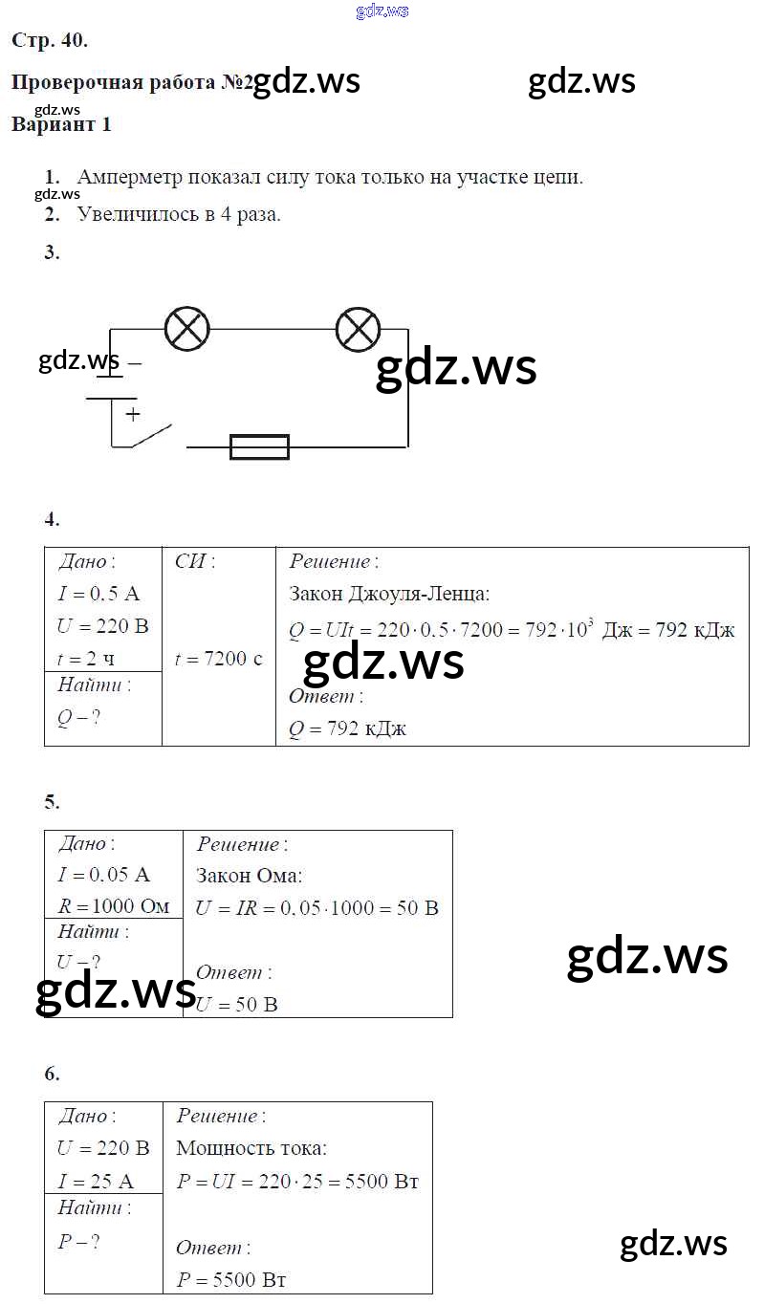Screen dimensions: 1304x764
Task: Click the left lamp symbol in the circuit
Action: tap(187, 330)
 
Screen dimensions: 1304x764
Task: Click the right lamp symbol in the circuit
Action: tap(359, 330)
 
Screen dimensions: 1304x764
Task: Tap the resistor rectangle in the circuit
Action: tap(259, 446)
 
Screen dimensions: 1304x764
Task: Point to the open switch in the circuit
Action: tap(151, 436)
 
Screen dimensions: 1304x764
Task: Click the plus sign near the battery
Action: tap(133, 414)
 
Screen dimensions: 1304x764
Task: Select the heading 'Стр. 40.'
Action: tap(50, 40)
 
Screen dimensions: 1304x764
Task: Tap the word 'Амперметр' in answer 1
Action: tap(130, 177)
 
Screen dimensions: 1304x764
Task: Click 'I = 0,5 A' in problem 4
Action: tap(98, 594)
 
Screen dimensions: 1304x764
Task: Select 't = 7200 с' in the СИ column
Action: tap(218, 659)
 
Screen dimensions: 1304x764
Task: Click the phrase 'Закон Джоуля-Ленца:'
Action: tap(389, 594)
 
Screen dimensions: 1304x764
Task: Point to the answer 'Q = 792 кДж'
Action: tap(348, 728)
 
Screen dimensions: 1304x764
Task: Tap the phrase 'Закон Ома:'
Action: tap(249, 875)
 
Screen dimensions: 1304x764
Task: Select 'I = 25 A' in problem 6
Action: tap(96, 1181)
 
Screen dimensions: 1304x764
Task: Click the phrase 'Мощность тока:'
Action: tap(251, 1148)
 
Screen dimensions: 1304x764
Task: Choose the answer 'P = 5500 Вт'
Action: tap(231, 1279)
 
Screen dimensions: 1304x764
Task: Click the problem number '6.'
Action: tap(52, 1074)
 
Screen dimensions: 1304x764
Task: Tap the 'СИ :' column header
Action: tap(195, 561)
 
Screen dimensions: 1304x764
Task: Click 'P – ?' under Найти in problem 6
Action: tap(78, 1242)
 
